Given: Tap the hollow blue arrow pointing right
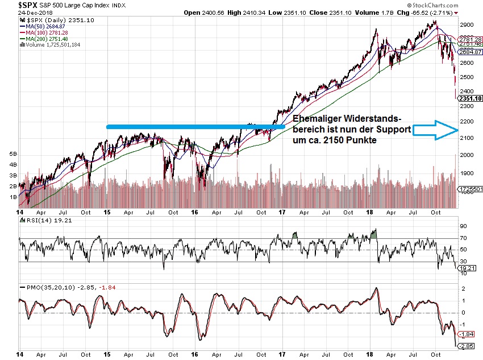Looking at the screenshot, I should [435, 131].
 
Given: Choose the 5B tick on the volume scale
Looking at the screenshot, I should [12, 154].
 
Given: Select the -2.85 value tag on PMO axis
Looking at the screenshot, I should [467, 346].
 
